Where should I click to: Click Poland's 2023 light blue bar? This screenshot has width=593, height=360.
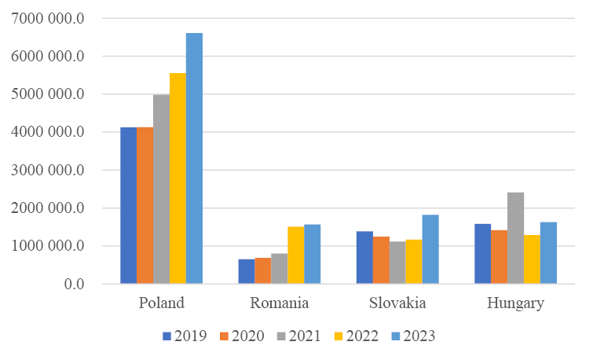[194, 158]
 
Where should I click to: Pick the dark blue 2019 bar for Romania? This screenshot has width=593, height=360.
[246, 271]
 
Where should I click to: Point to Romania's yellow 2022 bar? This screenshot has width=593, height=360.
[295, 255]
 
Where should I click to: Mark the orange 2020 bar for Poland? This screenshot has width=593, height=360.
[145, 205]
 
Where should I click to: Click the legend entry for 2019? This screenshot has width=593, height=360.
[185, 336]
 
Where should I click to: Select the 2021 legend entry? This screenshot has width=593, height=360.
[298, 336]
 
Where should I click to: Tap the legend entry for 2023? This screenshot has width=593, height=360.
[412, 336]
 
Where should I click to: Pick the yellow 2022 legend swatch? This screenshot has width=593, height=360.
[338, 336]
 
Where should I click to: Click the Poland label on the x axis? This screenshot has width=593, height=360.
[161, 303]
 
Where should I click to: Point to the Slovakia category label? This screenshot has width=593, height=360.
[397, 303]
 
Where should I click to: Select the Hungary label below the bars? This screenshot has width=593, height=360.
[514, 303]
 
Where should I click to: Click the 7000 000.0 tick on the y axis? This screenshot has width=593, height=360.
[48, 18]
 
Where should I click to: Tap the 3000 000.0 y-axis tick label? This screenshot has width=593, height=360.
[48, 170]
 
